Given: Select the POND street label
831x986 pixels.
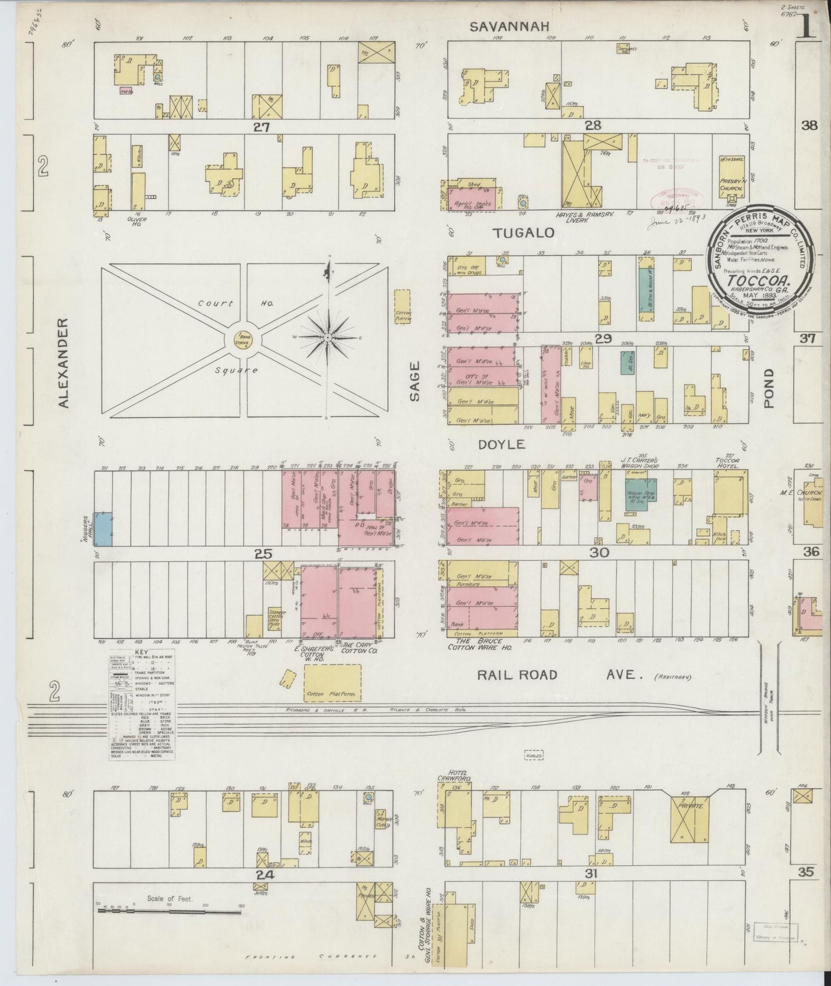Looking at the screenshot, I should click(x=769, y=389).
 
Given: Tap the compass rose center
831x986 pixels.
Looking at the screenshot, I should click(x=327, y=336).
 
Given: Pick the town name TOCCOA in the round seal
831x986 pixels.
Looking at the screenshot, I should click(x=759, y=282).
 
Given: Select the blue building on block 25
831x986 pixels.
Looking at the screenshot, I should click(x=104, y=528).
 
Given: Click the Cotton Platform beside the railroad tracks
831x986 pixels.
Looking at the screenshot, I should click(x=332, y=683).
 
